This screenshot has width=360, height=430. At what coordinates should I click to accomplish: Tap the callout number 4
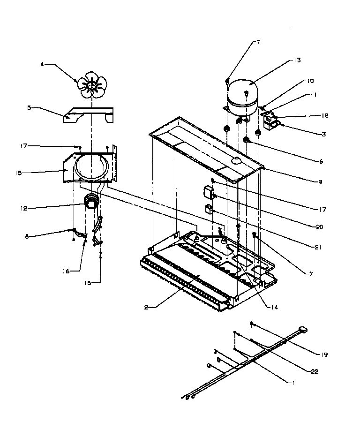[42, 64]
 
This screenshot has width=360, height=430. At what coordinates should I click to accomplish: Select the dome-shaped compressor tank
[242, 93]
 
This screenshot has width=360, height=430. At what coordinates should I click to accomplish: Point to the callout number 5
[29, 107]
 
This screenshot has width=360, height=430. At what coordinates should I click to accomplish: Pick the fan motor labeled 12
[92, 203]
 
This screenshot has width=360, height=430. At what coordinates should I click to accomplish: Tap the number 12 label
[29, 207]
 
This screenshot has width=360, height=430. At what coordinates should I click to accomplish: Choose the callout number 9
[320, 182]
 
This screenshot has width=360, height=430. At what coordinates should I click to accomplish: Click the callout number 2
[147, 307]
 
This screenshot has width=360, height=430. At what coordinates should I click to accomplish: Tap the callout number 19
[324, 355]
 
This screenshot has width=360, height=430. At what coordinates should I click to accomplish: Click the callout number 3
[323, 134]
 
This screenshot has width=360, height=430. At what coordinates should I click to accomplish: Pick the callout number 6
[321, 161]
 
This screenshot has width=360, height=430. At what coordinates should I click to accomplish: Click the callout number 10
[310, 81]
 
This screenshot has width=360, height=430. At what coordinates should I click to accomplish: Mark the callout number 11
[313, 94]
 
